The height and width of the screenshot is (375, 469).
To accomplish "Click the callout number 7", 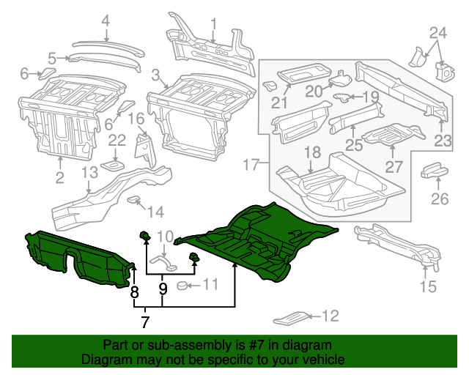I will click(x=145, y=322).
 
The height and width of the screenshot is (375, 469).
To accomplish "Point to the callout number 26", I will click(x=439, y=199).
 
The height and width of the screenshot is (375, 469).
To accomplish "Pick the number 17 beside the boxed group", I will click(x=251, y=165).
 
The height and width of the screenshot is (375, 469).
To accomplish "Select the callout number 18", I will click(x=312, y=152).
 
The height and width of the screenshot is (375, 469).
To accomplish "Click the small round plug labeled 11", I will click(x=186, y=285).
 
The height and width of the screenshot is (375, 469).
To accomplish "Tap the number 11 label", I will click(x=210, y=284).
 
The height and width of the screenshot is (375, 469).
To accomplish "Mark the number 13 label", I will click(x=89, y=173).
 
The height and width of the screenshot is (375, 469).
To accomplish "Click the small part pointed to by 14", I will click(x=134, y=199).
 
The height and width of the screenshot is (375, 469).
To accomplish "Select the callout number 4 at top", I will click(x=106, y=21).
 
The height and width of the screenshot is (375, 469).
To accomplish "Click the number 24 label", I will click(x=437, y=32).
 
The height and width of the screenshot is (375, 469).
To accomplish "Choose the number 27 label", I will click(x=394, y=166).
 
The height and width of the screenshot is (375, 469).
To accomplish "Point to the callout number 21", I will click(x=278, y=103).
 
